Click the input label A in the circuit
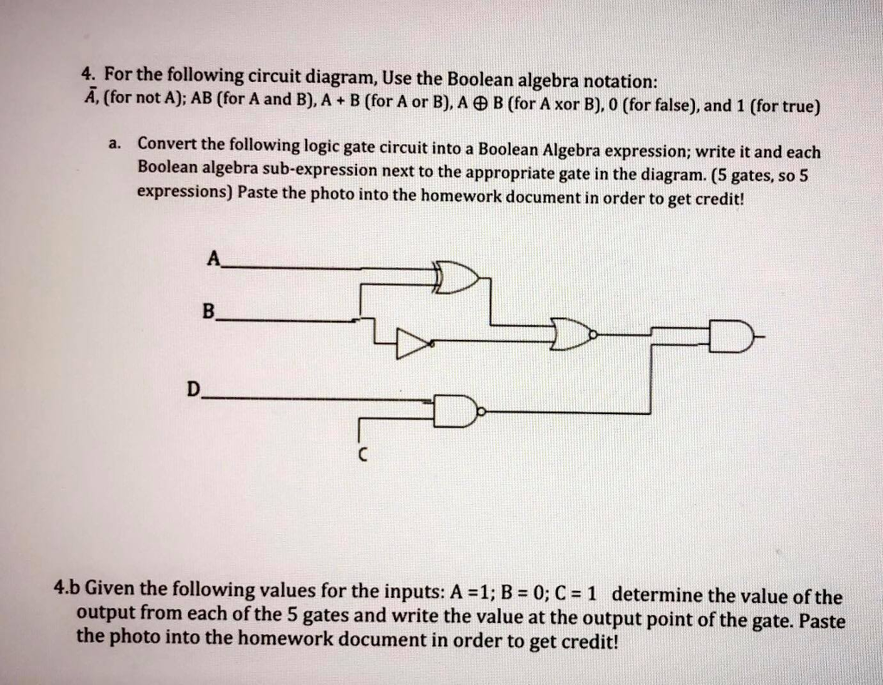(214, 259)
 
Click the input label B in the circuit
(209, 311)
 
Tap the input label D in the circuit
(193, 389)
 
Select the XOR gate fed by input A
(456, 277)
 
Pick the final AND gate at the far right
(731, 336)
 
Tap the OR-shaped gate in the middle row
(573, 334)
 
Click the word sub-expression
(320, 170)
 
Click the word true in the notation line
(794, 106)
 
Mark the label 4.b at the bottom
(67, 588)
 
